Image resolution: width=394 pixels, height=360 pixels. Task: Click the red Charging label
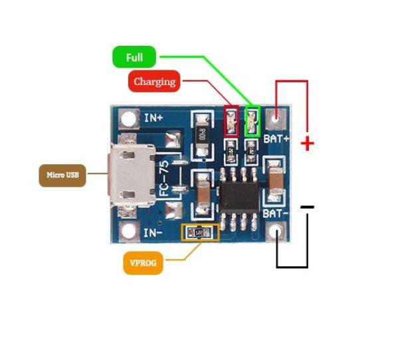pos(154,82)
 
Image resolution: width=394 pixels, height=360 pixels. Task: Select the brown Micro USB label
pos(62,175)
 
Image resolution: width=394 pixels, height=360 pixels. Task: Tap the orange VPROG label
pos(143,262)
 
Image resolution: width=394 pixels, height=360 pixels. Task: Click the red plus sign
pos(307,143)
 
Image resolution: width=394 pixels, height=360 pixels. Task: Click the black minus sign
pos(307,207)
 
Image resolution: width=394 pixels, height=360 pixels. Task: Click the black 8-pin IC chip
pos(239,195)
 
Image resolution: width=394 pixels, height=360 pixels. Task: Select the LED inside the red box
pos(231,123)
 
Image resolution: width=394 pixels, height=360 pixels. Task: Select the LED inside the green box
pos(252,122)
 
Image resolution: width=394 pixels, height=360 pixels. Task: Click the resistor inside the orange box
pos(199,232)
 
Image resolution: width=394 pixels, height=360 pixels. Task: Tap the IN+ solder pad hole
pos(127,120)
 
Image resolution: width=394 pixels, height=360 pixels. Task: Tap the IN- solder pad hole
pos(126,232)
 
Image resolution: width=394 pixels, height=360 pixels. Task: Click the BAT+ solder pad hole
pos(276,120)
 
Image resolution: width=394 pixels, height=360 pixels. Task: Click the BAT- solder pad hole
pos(276,232)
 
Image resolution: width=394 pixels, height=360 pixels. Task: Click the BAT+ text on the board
pos(276,138)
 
